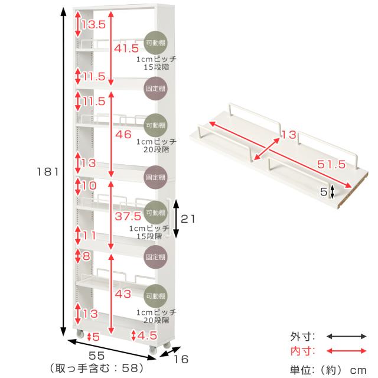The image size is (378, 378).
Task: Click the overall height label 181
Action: (x=48, y=172)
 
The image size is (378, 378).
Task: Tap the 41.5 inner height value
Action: (x=126, y=48)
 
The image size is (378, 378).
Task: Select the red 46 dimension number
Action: (x=123, y=135)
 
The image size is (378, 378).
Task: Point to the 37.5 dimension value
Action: (x=128, y=216)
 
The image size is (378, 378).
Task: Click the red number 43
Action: (x=123, y=294)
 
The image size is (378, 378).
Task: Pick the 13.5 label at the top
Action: (x=93, y=25)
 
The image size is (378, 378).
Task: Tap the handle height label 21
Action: (x=188, y=219)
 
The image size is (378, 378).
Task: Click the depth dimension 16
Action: (x=181, y=360)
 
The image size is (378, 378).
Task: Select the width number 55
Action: (x=97, y=356)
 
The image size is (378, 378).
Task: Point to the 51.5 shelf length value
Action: (x=331, y=164)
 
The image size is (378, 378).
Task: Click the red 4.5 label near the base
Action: (x=147, y=335)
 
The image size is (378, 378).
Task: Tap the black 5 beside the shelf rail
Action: (x=324, y=192)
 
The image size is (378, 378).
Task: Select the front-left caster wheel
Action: (x=80, y=334)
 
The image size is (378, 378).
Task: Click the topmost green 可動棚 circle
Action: (x=155, y=43)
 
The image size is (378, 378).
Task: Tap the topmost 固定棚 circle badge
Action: (x=155, y=89)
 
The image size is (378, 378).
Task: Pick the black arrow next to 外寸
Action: (x=347, y=337)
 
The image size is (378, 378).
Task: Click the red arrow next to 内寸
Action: (x=347, y=351)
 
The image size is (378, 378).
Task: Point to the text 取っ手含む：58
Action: (x=97, y=368)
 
